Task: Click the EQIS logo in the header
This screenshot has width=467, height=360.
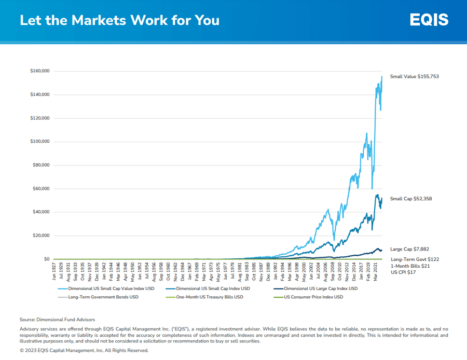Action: [x=429, y=20]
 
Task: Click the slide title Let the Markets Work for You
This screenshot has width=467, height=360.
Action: [x=119, y=20]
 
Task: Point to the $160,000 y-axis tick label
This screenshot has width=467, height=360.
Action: [x=40, y=71]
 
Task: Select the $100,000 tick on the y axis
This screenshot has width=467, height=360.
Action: [x=40, y=142]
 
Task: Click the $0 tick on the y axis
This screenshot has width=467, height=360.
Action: [x=46, y=259]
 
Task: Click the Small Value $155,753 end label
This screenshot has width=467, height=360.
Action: [x=415, y=76]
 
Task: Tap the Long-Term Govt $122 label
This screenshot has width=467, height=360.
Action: [x=415, y=259]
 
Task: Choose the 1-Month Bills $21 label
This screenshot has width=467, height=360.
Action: [x=410, y=266]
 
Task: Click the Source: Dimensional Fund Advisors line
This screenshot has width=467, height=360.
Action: [x=57, y=320]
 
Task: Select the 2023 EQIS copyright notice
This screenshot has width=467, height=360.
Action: [x=84, y=350]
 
